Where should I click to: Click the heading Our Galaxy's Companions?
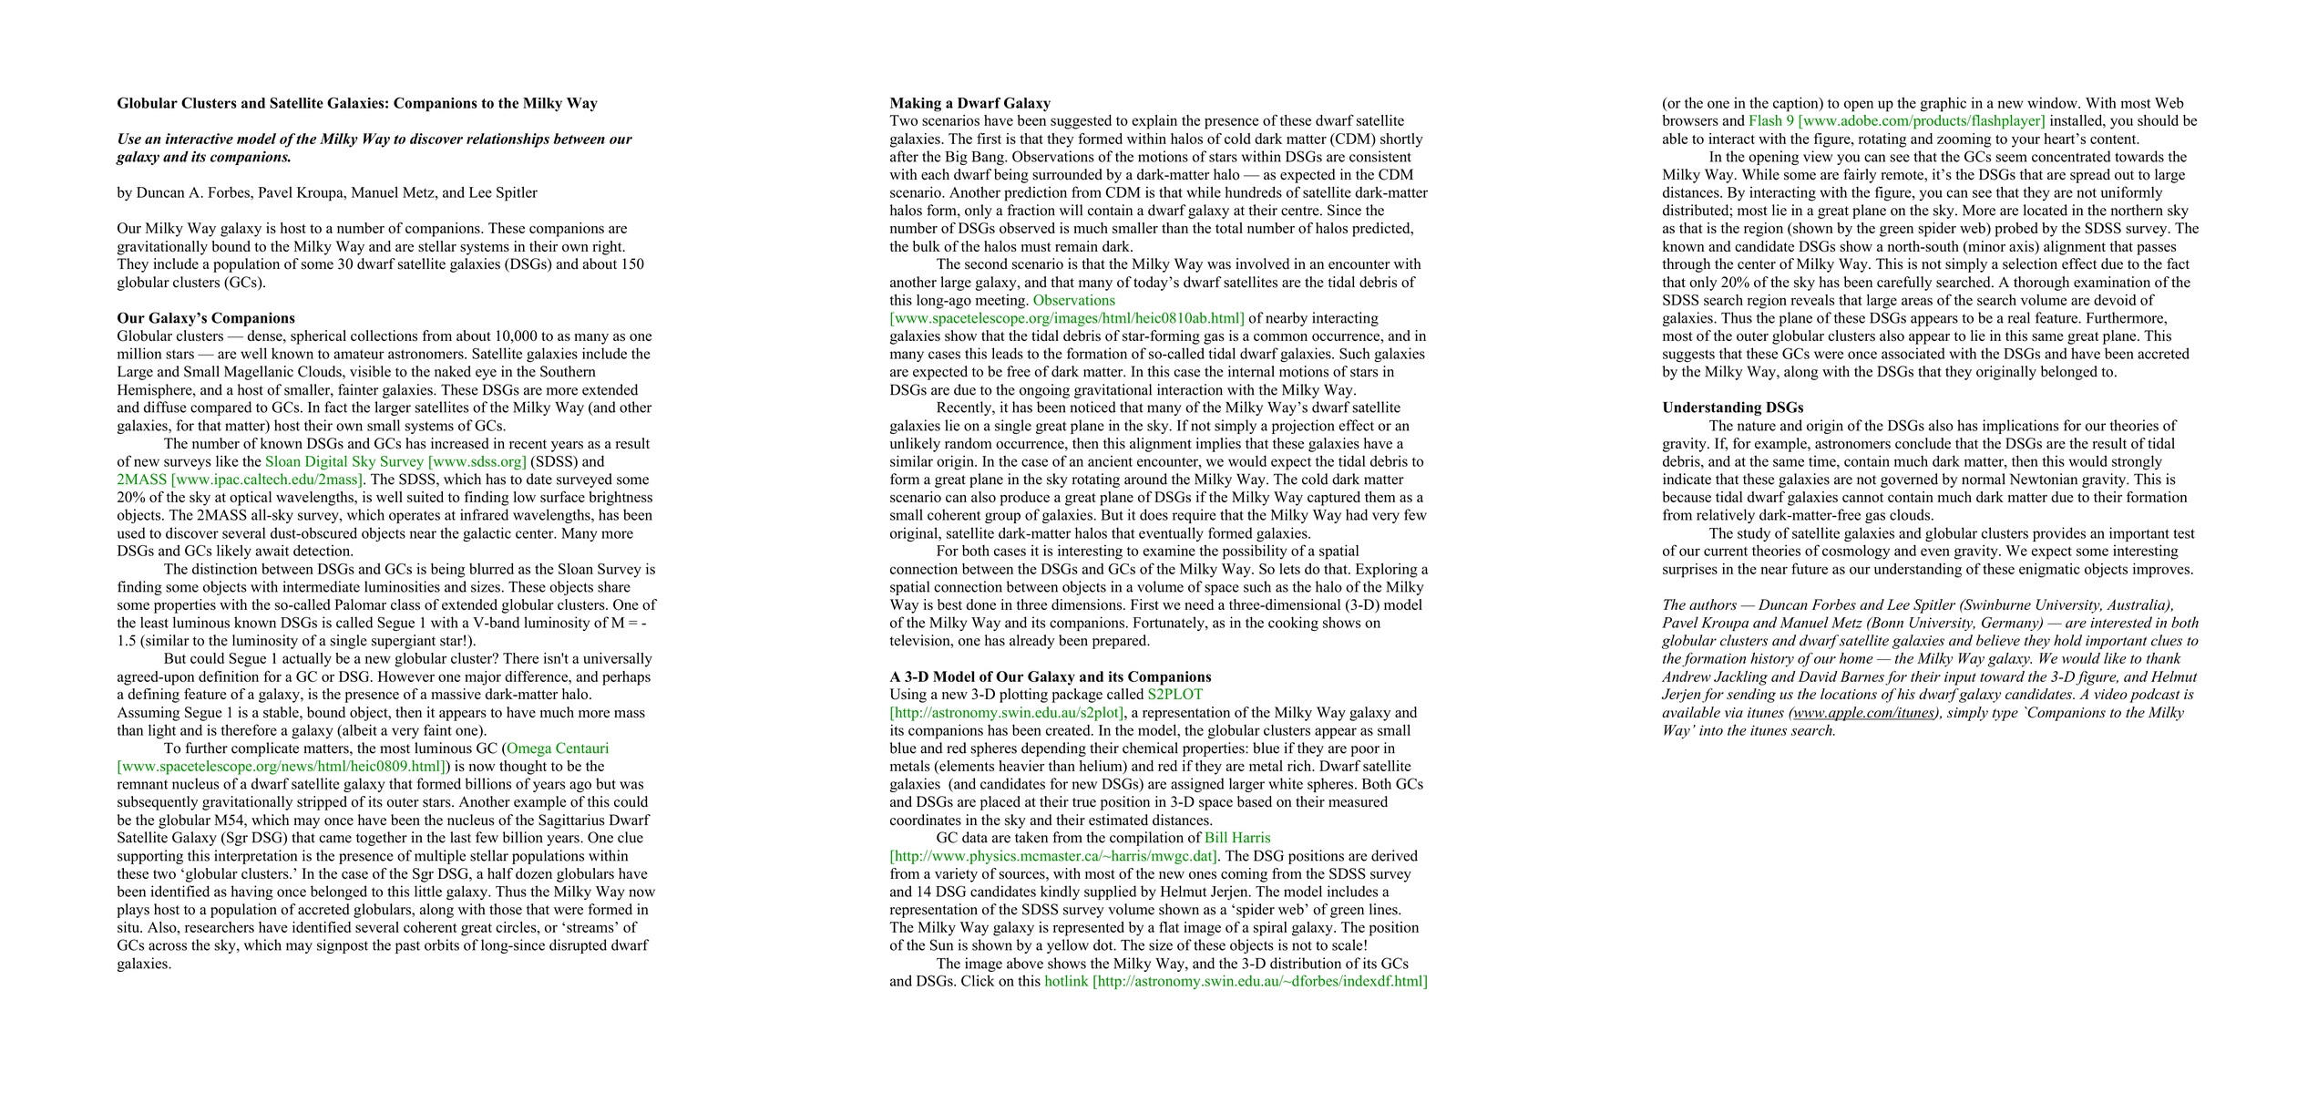click(205, 318)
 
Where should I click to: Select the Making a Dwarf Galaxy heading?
click(969, 103)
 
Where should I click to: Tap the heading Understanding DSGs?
click(1732, 408)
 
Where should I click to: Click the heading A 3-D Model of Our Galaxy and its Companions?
click(1050, 676)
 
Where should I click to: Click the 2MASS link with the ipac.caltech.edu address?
click(241, 480)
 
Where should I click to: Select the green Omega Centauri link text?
click(558, 748)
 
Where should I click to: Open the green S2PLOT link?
click(1174, 695)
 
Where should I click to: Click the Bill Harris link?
click(1236, 838)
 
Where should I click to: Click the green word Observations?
click(1073, 300)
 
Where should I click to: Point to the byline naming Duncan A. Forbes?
click(326, 192)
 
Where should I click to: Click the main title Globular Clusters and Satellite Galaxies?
click(356, 103)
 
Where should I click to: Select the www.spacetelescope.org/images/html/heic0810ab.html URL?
click(1066, 318)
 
